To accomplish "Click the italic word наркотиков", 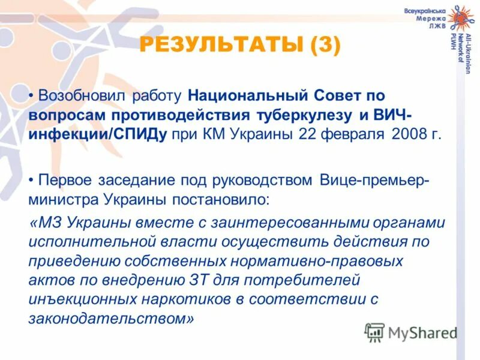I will [189, 300].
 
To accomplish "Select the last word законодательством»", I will [112, 319].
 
